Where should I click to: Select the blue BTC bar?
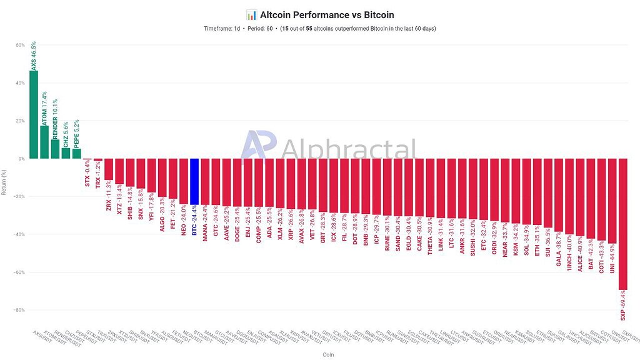[x=194, y=181]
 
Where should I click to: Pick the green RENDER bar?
[x=55, y=149]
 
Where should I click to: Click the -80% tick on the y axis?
[x=19, y=310]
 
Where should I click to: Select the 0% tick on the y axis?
[x=21, y=159]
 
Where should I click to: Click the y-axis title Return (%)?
[x=5, y=181]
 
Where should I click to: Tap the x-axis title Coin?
[x=328, y=354]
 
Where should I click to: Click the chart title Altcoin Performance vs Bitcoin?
[x=327, y=14]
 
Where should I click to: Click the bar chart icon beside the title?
[x=251, y=14]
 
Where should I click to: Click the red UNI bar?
[x=612, y=201]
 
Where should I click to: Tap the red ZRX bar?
[x=109, y=169]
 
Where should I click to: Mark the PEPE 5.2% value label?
[x=76, y=133]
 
